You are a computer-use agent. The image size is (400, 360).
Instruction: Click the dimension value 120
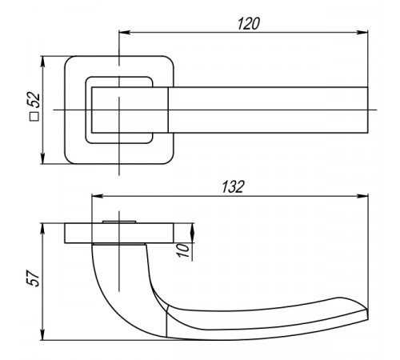coord(248,23)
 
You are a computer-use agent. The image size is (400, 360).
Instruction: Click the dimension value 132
coord(233,187)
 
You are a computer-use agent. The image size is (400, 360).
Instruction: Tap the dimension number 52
coord(34,100)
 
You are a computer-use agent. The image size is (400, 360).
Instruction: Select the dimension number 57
coord(34,278)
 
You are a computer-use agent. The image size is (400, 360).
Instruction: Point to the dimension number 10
coord(184,250)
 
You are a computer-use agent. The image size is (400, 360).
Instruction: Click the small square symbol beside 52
coord(34,117)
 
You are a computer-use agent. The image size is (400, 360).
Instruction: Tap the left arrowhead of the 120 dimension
coord(124,33)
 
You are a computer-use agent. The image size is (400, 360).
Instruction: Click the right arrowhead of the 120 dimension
coord(362,33)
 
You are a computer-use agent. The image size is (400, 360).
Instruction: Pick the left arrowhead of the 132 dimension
coord(97,196)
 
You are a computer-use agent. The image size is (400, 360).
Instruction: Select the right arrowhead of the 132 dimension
coord(362,196)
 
